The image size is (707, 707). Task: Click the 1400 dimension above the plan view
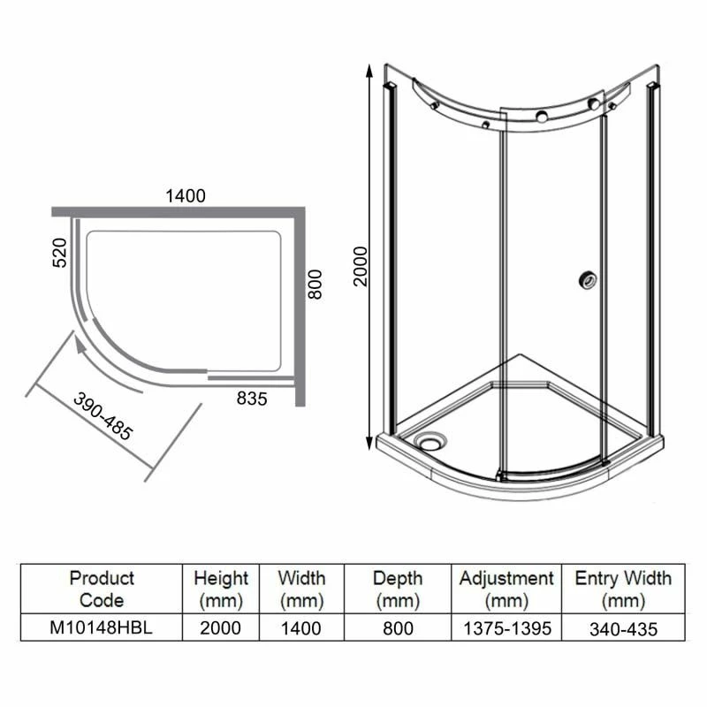coord(185,195)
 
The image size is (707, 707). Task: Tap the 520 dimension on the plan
coord(59,255)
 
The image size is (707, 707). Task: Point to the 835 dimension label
coord(251,399)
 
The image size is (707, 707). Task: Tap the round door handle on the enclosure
coord(585,279)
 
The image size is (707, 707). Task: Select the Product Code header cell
coord(102,589)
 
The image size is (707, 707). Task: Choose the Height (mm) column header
coord(221,589)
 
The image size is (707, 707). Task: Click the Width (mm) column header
coord(300,589)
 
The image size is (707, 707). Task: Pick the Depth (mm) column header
coord(397,589)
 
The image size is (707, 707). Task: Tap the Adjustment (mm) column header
coord(506,589)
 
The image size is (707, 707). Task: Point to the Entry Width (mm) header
coord(623,589)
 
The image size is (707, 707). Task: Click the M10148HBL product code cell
coord(102,628)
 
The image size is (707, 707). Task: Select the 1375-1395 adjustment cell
coord(506,628)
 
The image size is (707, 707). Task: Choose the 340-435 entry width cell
coord(623,628)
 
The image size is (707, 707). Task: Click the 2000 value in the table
coord(221,628)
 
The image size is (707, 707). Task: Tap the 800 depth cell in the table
coord(397,628)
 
